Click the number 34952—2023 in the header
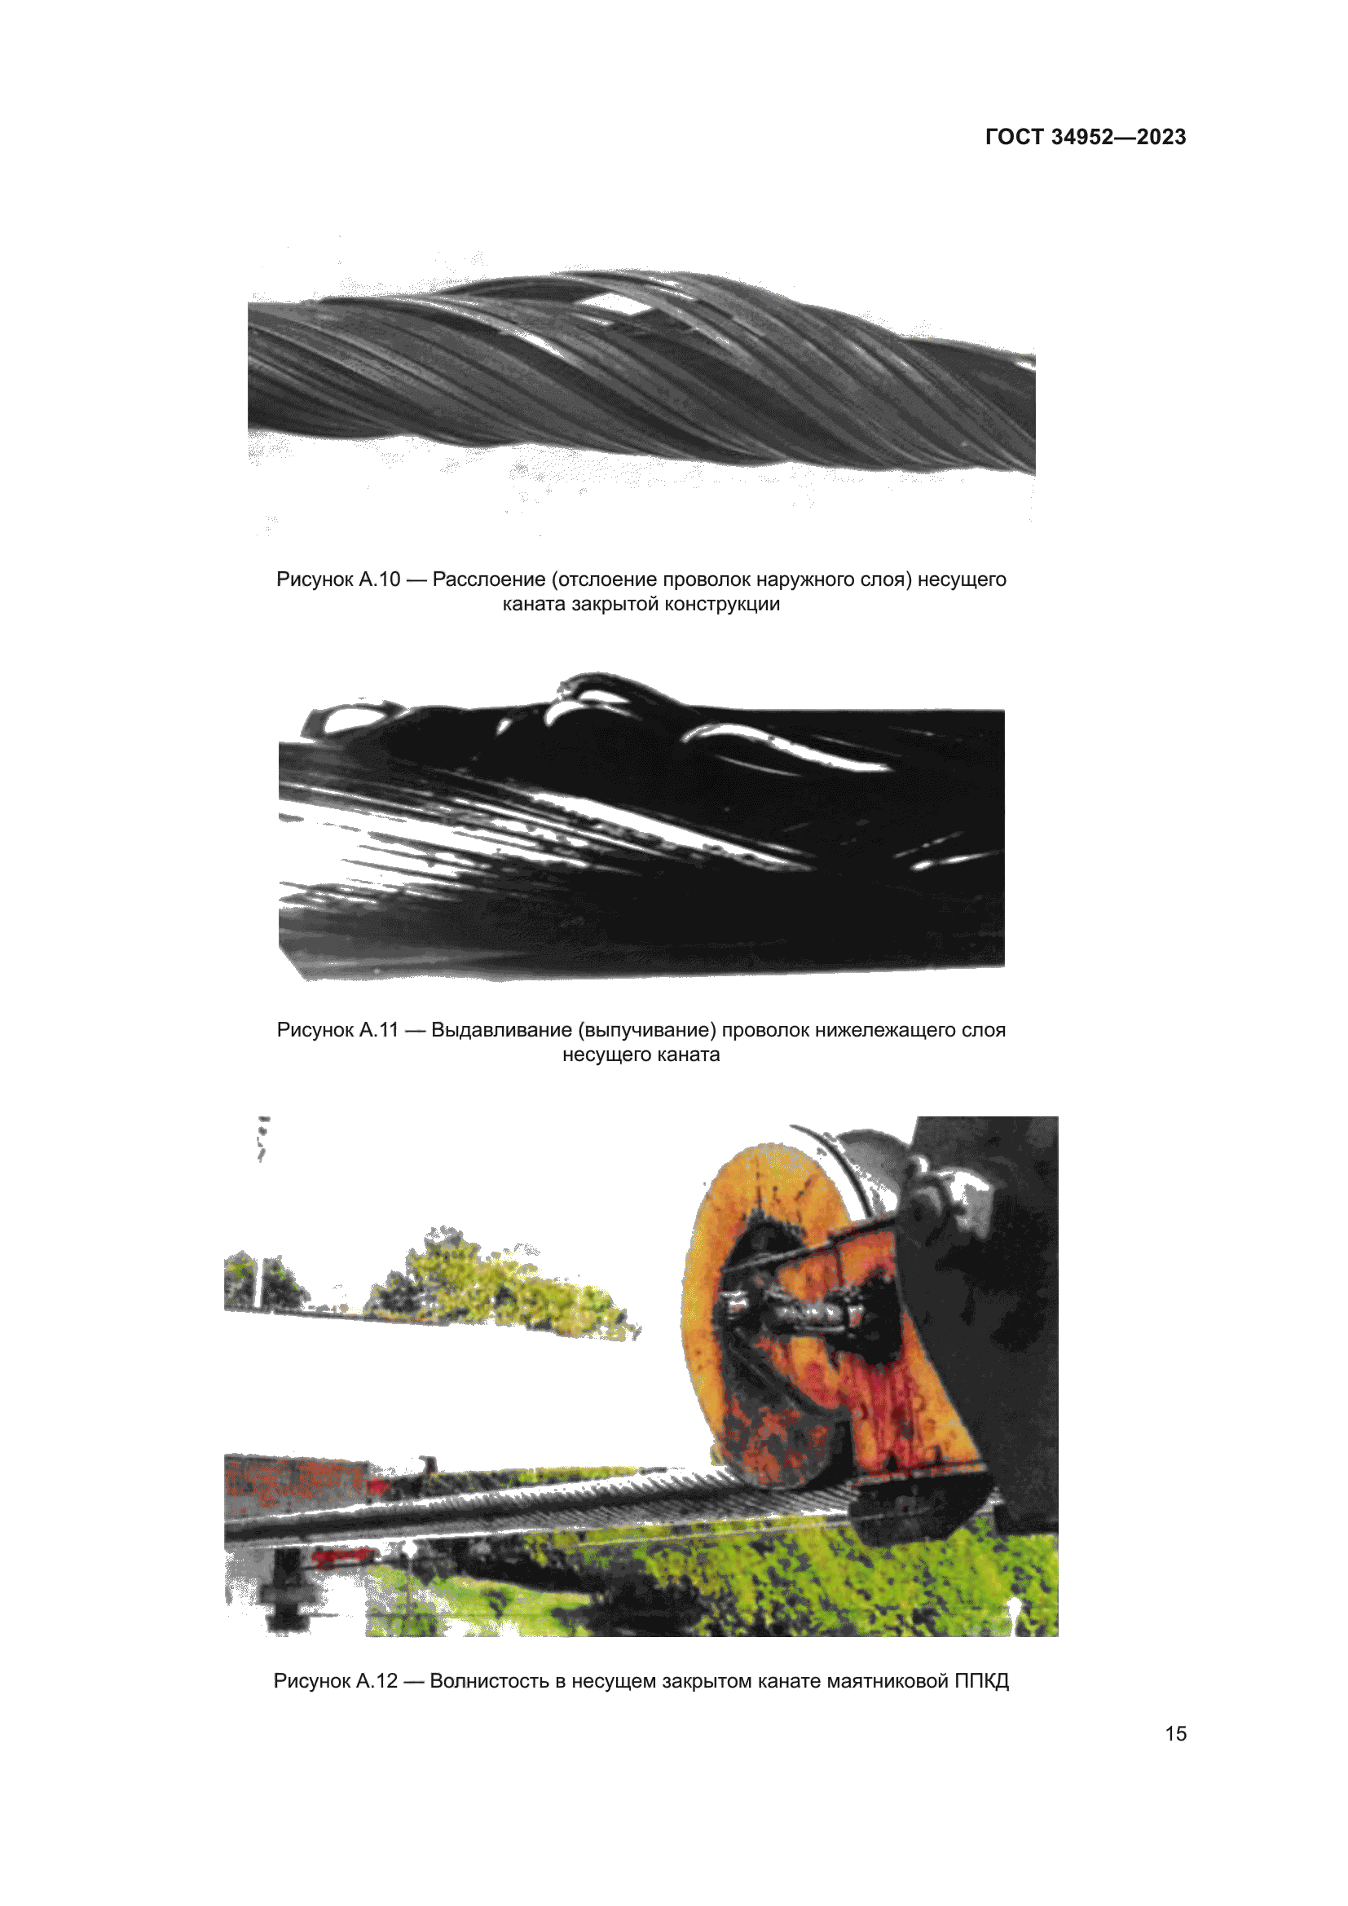(1119, 137)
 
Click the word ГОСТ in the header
(1015, 137)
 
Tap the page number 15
(1175, 1733)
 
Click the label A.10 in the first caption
(379, 579)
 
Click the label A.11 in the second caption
(378, 1030)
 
